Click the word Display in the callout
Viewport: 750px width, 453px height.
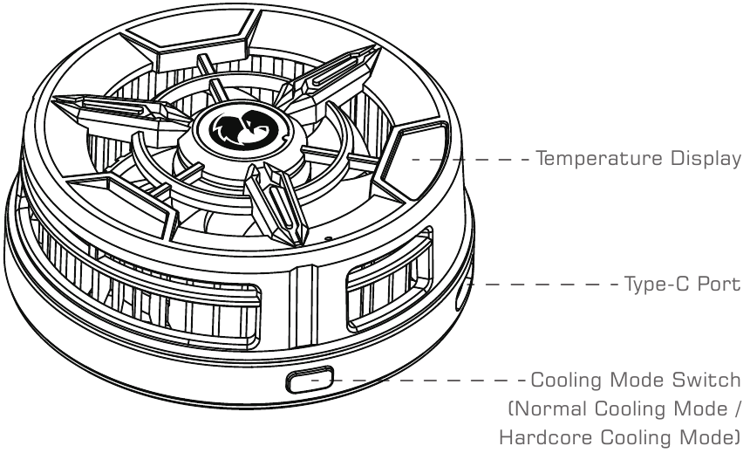point(701,160)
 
